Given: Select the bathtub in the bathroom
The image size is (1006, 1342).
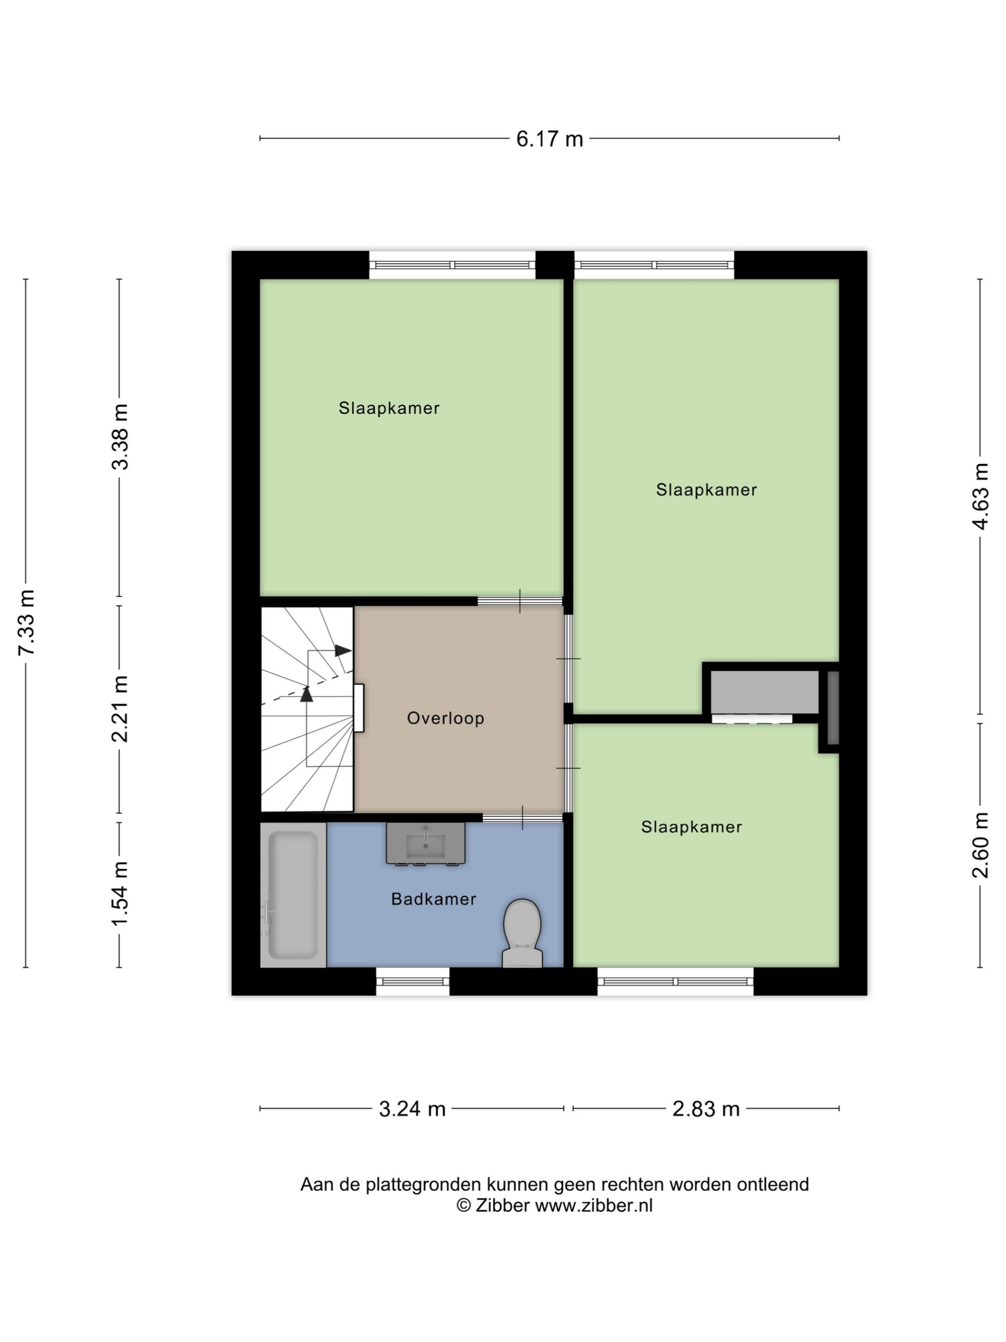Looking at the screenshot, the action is [293, 894].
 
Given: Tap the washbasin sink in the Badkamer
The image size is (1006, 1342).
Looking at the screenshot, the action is [426, 843].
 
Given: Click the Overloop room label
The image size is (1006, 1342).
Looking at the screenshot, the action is [445, 719].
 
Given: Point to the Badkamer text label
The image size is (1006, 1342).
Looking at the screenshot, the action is [434, 899].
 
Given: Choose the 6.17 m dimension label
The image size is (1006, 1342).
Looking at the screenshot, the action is [549, 139].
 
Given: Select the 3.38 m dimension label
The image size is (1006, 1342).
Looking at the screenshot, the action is [121, 436].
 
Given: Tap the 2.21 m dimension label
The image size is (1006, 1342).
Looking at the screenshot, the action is [121, 708].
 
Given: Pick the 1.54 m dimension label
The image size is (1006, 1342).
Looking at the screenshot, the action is [121, 894].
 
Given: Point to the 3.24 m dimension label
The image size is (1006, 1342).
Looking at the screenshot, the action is [412, 1109].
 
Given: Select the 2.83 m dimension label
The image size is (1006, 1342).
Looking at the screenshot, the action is [706, 1109].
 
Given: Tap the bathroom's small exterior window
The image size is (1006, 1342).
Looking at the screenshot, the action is [412, 981].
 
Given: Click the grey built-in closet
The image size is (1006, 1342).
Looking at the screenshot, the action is [765, 692].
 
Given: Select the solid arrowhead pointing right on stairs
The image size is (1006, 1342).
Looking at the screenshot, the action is [343, 651].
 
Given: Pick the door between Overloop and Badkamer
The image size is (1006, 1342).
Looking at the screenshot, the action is [523, 817].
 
